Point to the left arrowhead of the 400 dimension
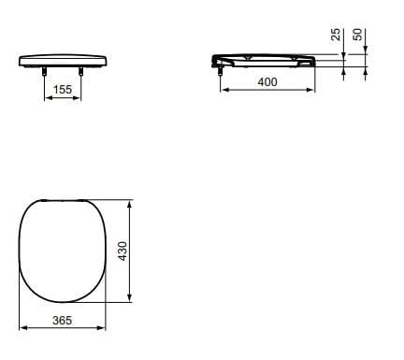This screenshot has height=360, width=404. pyautogui.click(x=223, y=91)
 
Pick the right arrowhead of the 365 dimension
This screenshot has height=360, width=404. pyautogui.click(x=105, y=328)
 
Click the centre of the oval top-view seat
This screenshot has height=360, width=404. pyautogui.click(x=64, y=251)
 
